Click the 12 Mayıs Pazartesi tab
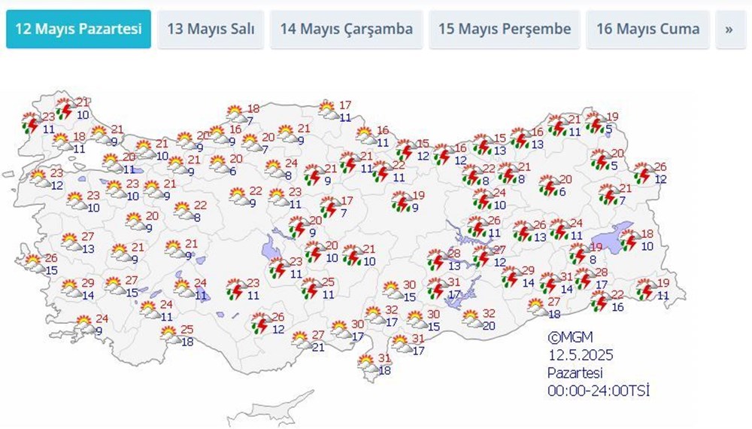78,29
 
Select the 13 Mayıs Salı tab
211,29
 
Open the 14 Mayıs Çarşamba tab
346,29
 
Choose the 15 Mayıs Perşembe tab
505,29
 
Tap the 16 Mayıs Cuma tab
647,29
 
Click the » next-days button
729,29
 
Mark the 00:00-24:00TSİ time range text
598,390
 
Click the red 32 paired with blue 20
489,314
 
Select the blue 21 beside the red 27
319,346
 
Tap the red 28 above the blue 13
454,254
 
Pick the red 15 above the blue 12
422,144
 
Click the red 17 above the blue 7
347,201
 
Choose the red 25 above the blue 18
187,329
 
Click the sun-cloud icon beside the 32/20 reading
471,318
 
